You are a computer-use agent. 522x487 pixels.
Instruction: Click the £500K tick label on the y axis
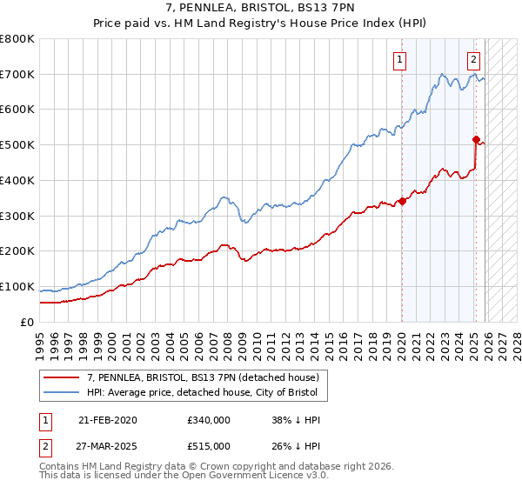(x=17, y=144)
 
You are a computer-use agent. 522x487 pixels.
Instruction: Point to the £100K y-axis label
(x=17, y=286)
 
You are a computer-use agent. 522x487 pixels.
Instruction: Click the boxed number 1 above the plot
(x=399, y=60)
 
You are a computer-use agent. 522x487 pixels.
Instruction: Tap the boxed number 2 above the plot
(x=472, y=60)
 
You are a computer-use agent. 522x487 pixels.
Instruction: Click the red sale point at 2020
(x=402, y=201)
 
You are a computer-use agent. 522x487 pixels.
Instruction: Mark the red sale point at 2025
(x=476, y=139)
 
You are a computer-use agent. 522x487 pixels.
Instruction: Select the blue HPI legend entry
(x=207, y=393)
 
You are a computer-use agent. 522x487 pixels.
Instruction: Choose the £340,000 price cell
(x=208, y=420)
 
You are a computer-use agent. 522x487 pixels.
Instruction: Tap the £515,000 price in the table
(x=208, y=445)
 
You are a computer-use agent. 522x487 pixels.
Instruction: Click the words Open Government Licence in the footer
(x=231, y=477)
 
